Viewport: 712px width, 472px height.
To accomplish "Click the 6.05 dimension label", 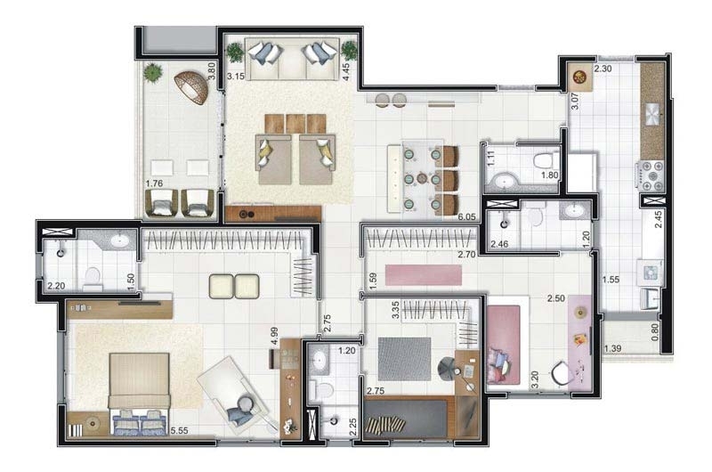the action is click(466, 217).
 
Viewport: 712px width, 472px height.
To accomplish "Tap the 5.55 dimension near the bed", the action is click(180, 431).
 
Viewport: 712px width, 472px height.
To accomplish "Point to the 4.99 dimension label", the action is click(274, 337).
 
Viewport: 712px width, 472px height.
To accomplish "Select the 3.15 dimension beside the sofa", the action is click(236, 77).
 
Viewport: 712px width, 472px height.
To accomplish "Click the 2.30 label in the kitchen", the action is click(603, 69).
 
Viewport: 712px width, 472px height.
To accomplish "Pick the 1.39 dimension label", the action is click(612, 348).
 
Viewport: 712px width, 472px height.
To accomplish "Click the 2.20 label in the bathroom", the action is click(56, 286).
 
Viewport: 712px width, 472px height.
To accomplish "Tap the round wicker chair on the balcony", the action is click(192, 87).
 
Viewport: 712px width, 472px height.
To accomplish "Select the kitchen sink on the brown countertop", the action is click(653, 114).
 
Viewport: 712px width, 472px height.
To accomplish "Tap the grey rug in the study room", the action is click(405, 359).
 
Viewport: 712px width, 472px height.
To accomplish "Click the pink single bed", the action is click(504, 344).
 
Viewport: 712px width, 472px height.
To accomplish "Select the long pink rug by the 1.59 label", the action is click(424, 275).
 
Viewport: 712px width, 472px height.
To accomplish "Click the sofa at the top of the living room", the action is click(292, 59).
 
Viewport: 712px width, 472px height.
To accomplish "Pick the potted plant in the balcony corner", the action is click(152, 73).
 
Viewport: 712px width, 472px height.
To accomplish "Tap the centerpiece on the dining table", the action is click(422, 178).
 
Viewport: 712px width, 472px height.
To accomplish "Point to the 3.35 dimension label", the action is click(395, 310).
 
